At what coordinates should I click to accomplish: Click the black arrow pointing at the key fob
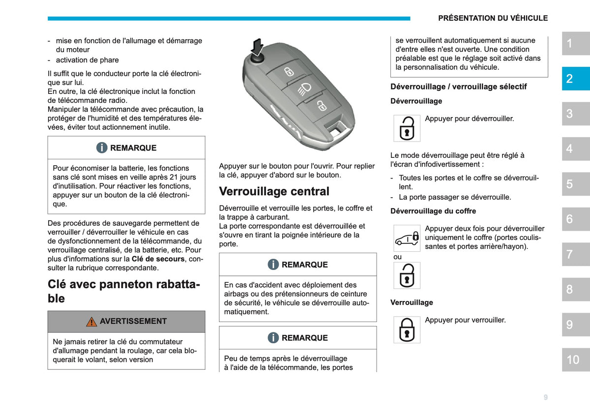[x=257, y=47]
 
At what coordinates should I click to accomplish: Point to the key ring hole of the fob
[x=338, y=129]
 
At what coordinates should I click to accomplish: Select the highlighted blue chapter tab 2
[x=576, y=79]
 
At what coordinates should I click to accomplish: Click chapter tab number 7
[x=576, y=254]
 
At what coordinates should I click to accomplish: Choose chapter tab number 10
[x=576, y=359]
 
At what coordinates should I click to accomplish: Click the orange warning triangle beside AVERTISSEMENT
[x=91, y=322]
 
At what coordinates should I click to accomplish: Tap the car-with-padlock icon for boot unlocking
[x=407, y=238]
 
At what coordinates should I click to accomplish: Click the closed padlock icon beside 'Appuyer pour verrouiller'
[x=407, y=329]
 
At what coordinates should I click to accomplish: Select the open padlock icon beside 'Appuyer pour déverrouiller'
[x=407, y=128]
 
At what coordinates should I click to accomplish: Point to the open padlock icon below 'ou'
[x=407, y=275]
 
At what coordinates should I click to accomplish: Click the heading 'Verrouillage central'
[x=274, y=191]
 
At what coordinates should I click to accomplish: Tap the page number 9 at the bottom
[x=545, y=397]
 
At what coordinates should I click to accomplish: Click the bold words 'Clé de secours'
[x=158, y=259]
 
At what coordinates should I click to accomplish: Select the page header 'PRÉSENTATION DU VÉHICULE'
[x=493, y=18]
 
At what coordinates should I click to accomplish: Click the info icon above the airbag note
[x=273, y=264]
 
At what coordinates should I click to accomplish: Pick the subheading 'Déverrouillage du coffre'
[x=433, y=211]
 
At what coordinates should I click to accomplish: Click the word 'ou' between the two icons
[x=397, y=257]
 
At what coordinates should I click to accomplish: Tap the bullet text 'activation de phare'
[x=87, y=60]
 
